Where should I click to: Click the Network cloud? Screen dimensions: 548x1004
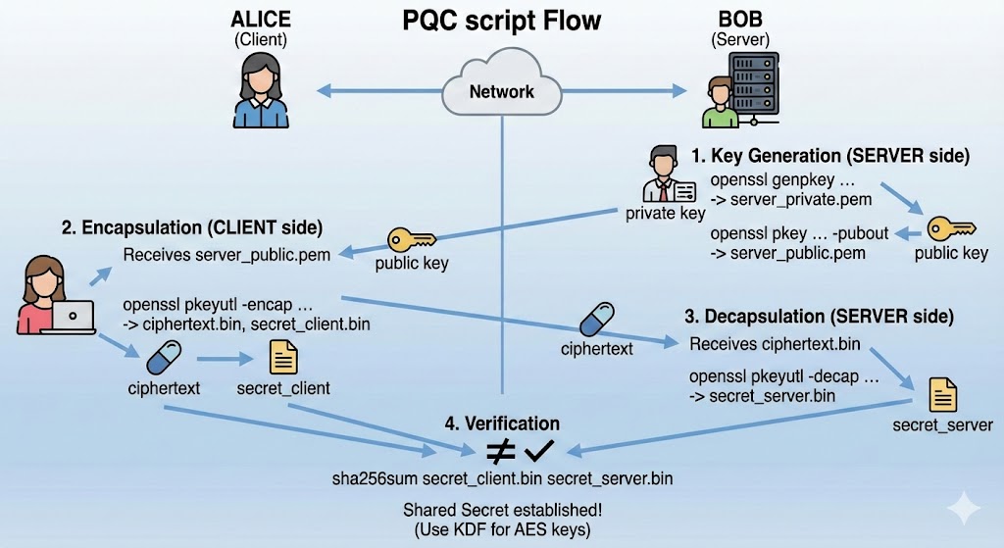coord(502,91)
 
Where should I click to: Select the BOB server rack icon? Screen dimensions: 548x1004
coord(743,90)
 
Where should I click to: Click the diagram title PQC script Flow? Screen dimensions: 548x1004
coord(502,22)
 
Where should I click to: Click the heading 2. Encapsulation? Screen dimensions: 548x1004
coord(192,228)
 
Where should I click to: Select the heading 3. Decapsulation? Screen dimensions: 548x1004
coord(820,317)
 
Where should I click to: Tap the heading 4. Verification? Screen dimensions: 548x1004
coord(502,423)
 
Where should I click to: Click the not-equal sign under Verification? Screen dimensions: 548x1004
coord(501,452)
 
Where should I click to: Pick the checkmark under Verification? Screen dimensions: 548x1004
coord(539,451)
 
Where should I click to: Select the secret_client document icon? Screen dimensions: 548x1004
coord(283,358)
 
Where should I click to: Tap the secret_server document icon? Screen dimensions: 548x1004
coord(942,395)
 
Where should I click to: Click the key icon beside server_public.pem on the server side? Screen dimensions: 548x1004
coord(950,228)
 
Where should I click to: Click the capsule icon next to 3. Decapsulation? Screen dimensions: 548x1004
coord(597,322)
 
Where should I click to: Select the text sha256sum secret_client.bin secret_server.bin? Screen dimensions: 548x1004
coord(502,479)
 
